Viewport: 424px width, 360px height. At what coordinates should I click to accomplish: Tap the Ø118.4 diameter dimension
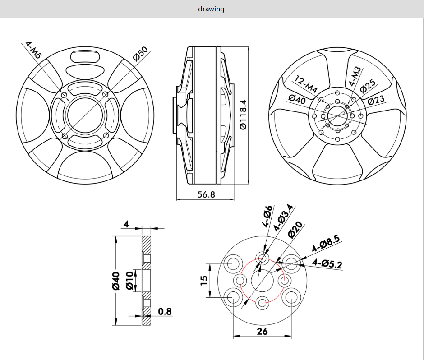(x=243, y=115)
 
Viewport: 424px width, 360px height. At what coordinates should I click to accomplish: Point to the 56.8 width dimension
(x=206, y=194)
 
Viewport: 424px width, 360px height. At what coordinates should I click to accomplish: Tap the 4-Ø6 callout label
(x=267, y=215)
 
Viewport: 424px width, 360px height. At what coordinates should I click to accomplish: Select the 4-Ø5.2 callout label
(x=327, y=262)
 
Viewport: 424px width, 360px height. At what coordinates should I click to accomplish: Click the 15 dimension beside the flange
(x=204, y=280)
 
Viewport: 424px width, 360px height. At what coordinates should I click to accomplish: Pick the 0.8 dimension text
(x=165, y=312)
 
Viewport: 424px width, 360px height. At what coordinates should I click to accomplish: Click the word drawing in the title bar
(x=211, y=9)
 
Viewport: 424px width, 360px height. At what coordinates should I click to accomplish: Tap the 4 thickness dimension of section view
(x=126, y=224)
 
